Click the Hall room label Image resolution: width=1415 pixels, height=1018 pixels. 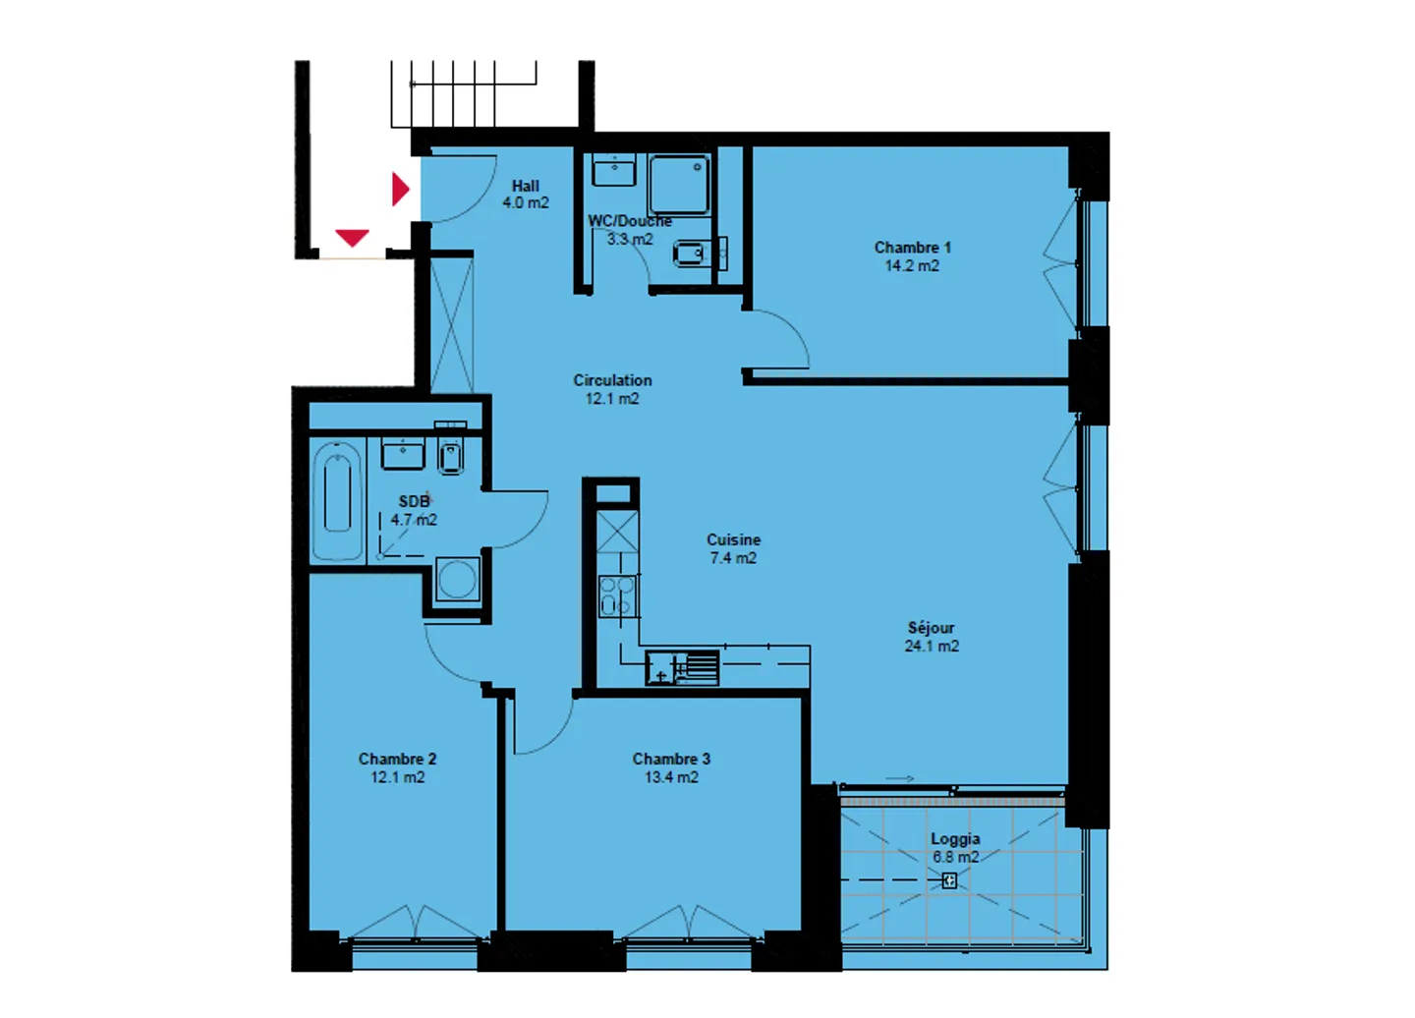tap(526, 186)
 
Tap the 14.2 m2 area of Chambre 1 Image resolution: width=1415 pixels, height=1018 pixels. tap(912, 266)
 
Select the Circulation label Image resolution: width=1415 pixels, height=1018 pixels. tap(612, 380)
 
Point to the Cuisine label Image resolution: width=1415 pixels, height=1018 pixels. tap(733, 539)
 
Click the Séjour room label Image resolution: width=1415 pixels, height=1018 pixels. tap(931, 628)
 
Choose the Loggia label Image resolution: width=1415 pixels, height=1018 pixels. tap(955, 839)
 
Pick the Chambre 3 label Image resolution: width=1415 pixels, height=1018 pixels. tap(671, 759)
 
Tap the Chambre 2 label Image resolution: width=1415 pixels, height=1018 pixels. tap(397, 759)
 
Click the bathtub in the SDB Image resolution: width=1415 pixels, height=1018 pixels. tap(337, 501)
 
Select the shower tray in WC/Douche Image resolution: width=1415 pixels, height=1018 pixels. tap(678, 184)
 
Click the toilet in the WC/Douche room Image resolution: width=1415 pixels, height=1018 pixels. tap(690, 255)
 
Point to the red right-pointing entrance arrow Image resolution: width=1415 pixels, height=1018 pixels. tap(400, 188)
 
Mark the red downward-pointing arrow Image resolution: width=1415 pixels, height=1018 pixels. tap(352, 238)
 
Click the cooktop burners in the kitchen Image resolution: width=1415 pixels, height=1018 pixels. tap(617, 595)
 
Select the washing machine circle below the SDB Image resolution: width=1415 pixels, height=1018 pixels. tap(458, 579)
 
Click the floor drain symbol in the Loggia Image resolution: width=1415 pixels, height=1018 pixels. tap(949, 881)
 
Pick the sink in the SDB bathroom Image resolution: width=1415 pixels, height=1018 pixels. tap(403, 455)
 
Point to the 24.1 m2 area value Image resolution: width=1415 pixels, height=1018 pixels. tap(932, 647)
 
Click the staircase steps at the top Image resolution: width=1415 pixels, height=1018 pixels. tap(464, 93)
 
